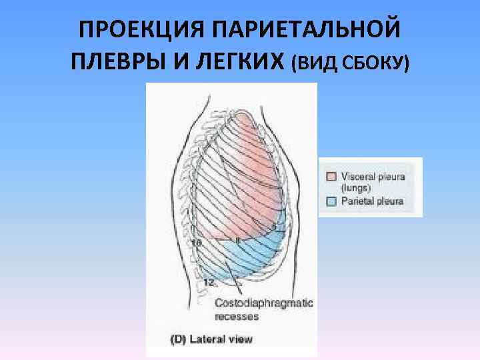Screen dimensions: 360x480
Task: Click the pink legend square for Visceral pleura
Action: [331, 177]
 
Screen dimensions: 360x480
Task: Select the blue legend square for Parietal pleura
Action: [331, 199]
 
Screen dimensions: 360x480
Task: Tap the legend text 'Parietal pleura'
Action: [373, 200]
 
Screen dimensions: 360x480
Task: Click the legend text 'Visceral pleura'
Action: [373, 177]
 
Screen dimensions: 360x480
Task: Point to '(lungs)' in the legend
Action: [357, 188]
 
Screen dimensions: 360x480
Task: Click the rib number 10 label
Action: [197, 243]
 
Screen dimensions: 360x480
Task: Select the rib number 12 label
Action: [208, 283]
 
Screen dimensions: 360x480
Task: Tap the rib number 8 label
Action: [237, 239]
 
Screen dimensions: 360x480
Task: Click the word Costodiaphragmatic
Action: [263, 303]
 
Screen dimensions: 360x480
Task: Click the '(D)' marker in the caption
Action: [178, 339]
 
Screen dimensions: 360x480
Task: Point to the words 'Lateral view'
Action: [221, 339]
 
